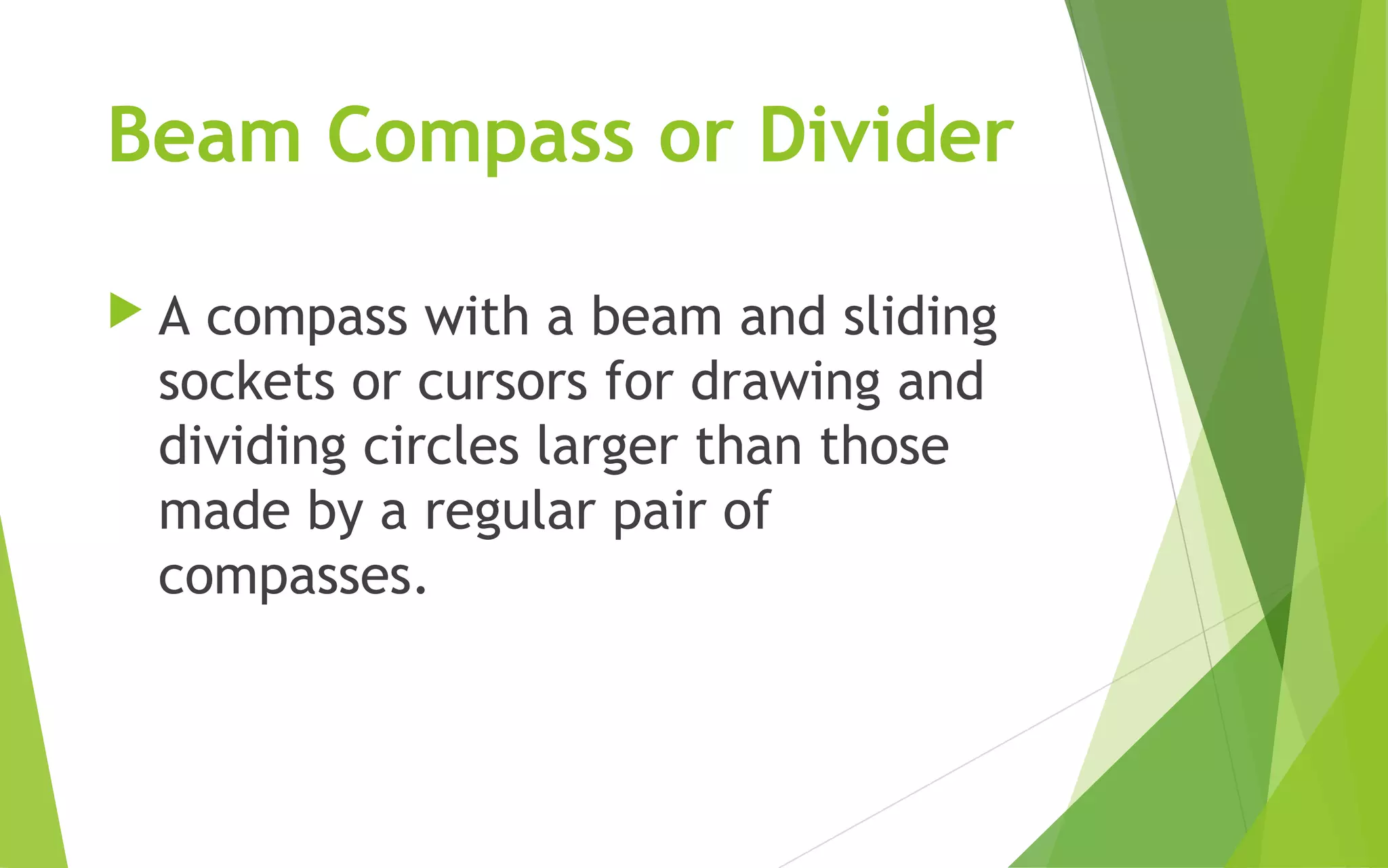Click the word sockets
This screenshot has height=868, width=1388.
click(247, 382)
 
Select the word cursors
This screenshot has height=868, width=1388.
click(502, 382)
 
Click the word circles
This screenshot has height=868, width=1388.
click(441, 446)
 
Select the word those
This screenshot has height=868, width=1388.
click(884, 446)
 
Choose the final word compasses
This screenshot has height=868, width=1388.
click(293, 578)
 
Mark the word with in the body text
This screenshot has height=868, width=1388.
click(476, 317)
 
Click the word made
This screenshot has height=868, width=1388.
click(224, 511)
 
